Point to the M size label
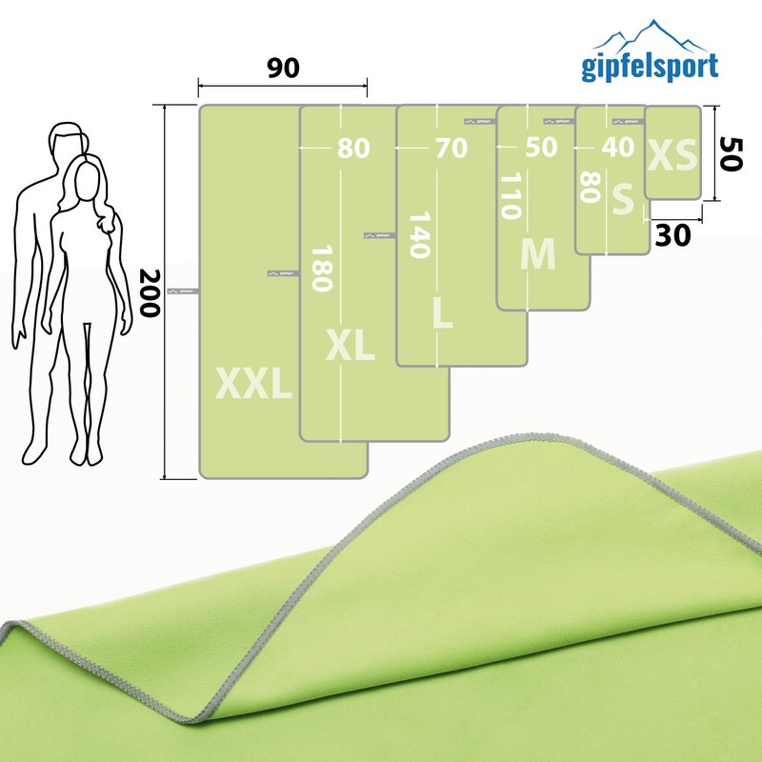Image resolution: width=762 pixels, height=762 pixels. pyautogui.click(x=537, y=254)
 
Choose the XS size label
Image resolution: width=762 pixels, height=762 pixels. pyautogui.click(x=672, y=155)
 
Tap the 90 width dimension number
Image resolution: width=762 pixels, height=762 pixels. pyautogui.click(x=283, y=69)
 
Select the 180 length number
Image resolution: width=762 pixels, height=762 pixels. pyautogui.click(x=320, y=270)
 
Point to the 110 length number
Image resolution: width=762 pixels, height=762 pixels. pyautogui.click(x=511, y=196)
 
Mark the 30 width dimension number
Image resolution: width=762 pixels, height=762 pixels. pyautogui.click(x=673, y=235)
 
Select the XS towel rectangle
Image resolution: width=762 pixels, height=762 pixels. pyautogui.click(x=672, y=152)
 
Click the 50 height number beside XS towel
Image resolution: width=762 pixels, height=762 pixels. pyautogui.click(x=731, y=152)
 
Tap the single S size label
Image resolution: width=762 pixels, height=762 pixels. pyautogui.click(x=623, y=201)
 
